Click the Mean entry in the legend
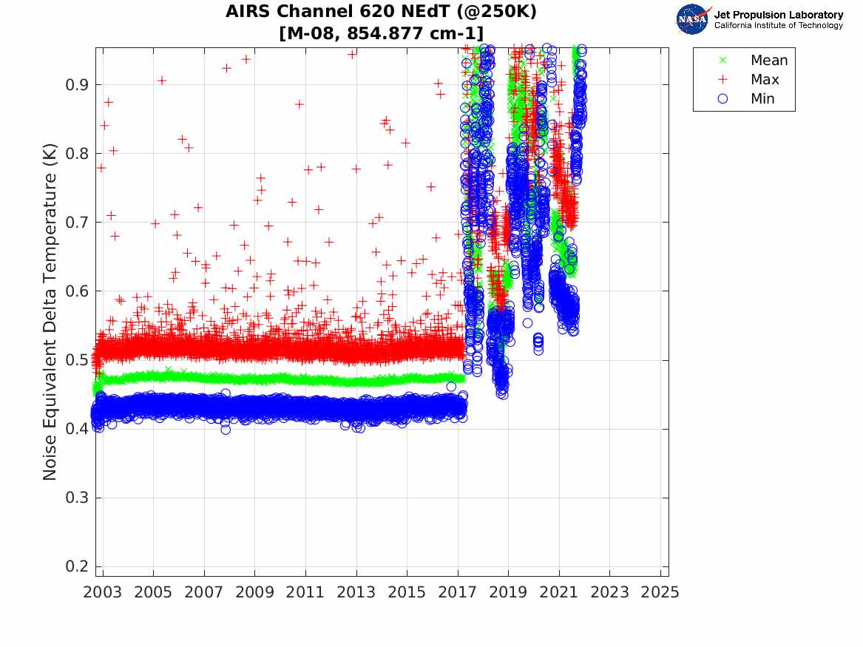tap(769, 61)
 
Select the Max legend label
tap(765, 80)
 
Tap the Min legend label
tap(763, 99)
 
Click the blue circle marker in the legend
tap(723, 99)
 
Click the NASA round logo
tap(693, 19)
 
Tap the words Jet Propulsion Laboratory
tap(778, 15)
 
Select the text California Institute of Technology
tap(778, 26)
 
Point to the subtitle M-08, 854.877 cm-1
tap(382, 33)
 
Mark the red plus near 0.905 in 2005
tap(162, 81)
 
